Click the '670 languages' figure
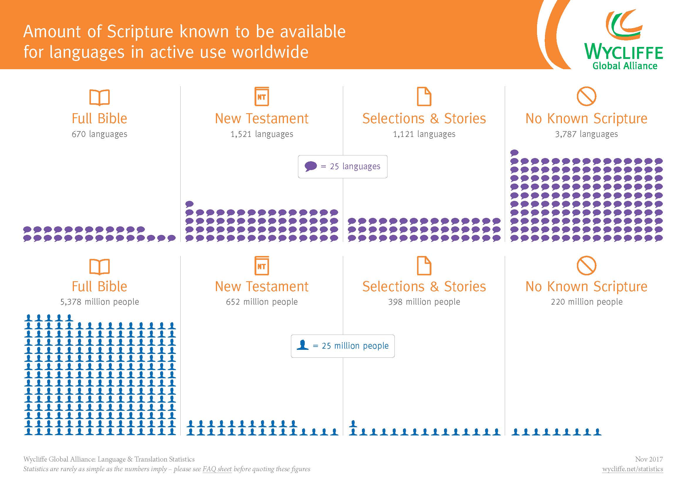tap(99, 134)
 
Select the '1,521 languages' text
tap(262, 134)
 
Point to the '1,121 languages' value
tap(424, 134)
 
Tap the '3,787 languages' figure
tap(586, 134)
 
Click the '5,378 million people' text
tap(99, 302)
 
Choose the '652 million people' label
tap(262, 302)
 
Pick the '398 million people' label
tap(424, 302)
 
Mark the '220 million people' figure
tap(587, 302)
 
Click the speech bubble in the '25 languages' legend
tap(310, 166)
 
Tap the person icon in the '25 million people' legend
tap(302, 345)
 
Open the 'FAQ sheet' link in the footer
tap(217, 469)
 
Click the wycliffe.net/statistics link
tap(633, 469)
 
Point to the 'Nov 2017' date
tap(649, 459)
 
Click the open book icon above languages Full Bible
tap(99, 97)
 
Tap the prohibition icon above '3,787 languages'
tap(586, 96)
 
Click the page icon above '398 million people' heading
tap(424, 265)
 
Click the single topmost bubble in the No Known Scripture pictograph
tap(514, 152)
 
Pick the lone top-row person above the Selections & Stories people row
tap(353, 423)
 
